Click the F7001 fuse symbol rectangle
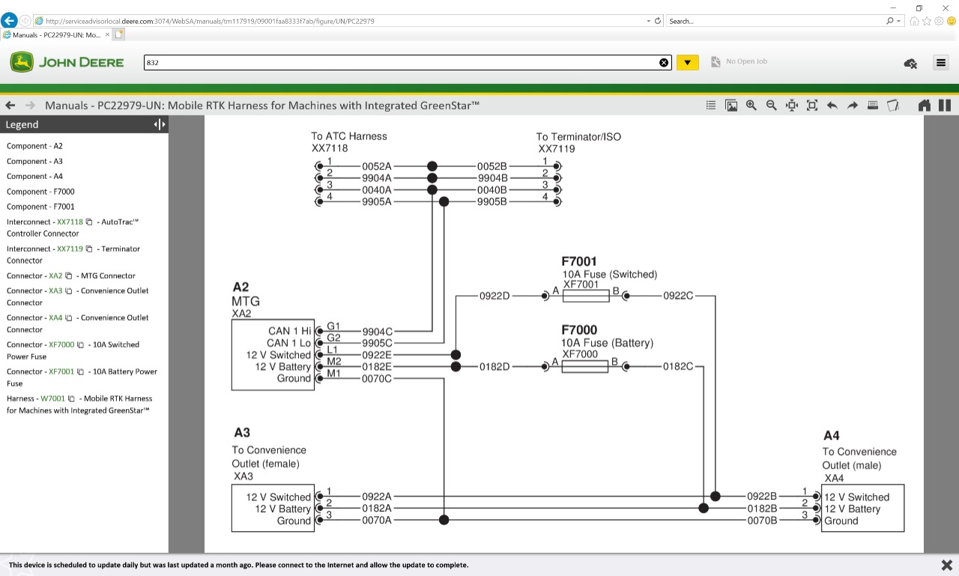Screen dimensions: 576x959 (x=586, y=297)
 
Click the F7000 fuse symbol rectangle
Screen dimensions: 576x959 (x=585, y=367)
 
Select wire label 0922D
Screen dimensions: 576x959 (x=494, y=297)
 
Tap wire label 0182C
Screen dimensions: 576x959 (x=677, y=367)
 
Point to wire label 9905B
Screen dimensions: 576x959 (x=492, y=202)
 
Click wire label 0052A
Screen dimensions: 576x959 (x=377, y=166)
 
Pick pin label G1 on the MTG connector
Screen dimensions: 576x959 (x=333, y=327)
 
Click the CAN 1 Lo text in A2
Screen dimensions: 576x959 (x=288, y=343)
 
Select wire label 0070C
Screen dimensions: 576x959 (x=377, y=379)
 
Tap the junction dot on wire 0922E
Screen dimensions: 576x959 (x=456, y=355)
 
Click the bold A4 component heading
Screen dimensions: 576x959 (x=831, y=436)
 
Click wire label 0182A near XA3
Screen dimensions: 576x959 (x=377, y=509)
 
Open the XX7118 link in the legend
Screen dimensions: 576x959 (x=70, y=222)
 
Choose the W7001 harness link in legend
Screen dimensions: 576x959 (x=52, y=398)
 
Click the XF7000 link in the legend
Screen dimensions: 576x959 (x=61, y=345)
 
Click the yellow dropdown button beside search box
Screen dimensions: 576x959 (x=687, y=63)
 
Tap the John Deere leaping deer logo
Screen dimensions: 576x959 (x=22, y=62)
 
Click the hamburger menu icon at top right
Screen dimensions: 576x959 (x=941, y=63)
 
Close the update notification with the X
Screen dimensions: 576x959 (x=946, y=565)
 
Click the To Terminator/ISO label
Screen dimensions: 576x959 (x=578, y=137)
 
